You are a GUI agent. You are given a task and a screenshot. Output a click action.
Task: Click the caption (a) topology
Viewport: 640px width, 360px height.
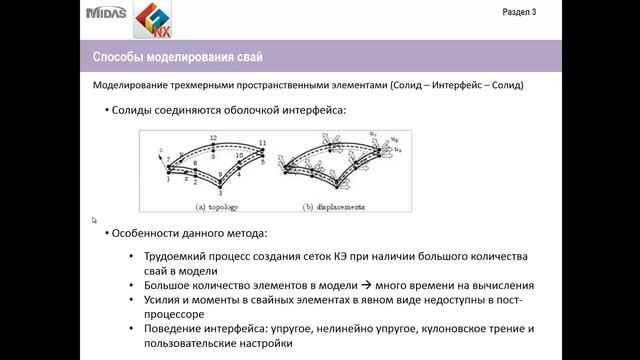(228, 207)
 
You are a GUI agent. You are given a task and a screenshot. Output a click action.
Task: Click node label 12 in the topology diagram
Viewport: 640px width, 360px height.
(213, 137)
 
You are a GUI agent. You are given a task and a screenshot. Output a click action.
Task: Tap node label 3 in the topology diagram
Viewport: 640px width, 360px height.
(221, 193)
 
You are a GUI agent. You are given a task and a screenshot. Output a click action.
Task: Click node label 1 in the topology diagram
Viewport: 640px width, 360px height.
(169, 180)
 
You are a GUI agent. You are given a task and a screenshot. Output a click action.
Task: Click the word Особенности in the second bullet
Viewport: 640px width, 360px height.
(147, 233)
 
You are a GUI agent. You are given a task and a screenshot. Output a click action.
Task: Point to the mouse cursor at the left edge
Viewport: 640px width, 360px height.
(94, 220)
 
